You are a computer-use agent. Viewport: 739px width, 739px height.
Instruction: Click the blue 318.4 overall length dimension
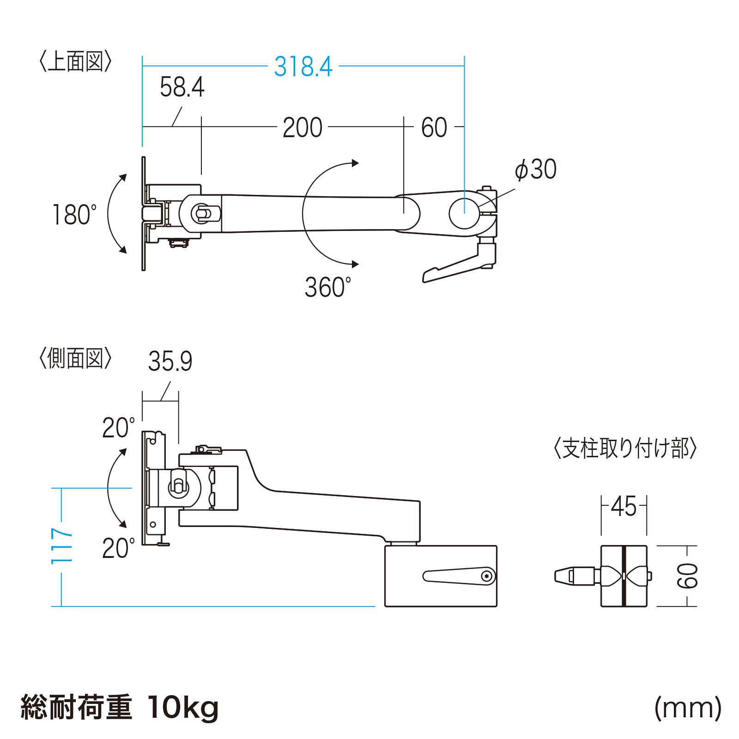(x=303, y=67)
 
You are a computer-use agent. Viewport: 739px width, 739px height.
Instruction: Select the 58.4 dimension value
(x=182, y=87)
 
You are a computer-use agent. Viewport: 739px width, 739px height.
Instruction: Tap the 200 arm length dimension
(x=303, y=128)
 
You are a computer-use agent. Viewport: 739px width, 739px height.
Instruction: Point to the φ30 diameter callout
(x=536, y=170)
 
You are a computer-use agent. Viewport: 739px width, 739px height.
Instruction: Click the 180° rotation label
(x=74, y=215)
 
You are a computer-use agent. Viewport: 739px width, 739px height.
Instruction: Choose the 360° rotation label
(x=327, y=287)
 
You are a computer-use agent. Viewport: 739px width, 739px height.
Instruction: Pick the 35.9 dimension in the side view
(x=170, y=361)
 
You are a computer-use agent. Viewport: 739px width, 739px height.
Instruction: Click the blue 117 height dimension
(x=62, y=546)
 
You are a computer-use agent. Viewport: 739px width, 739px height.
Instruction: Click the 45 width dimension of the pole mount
(x=624, y=507)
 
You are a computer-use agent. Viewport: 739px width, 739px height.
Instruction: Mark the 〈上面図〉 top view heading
(x=75, y=61)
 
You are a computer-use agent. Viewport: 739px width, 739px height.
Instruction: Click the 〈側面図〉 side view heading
(x=75, y=358)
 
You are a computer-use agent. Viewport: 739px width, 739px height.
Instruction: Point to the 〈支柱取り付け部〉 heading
(x=625, y=448)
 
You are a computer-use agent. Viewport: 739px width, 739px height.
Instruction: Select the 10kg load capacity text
(x=183, y=707)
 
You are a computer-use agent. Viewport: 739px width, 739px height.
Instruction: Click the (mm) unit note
(x=688, y=708)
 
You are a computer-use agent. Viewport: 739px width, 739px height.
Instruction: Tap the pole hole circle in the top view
(x=464, y=213)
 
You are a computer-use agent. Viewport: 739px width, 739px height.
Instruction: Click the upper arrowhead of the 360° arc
(x=355, y=163)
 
